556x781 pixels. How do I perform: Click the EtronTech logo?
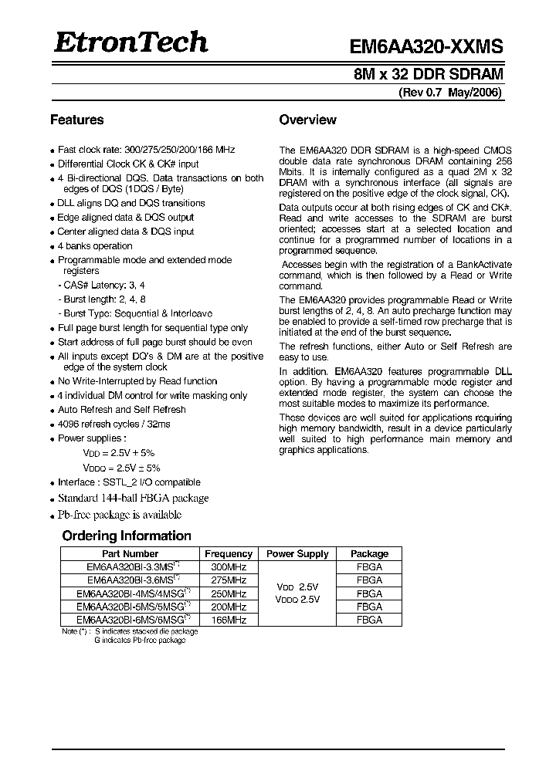pyautogui.click(x=131, y=42)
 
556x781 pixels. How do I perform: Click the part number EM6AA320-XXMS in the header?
pyautogui.click(x=427, y=46)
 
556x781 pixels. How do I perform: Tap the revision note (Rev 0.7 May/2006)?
pyautogui.click(x=450, y=93)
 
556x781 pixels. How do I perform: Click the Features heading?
pyautogui.click(x=76, y=120)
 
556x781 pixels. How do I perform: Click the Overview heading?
pyautogui.click(x=307, y=120)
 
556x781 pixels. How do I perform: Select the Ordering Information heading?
pyautogui.click(x=126, y=536)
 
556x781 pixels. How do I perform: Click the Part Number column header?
pyautogui.click(x=130, y=553)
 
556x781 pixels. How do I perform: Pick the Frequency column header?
pyautogui.click(x=229, y=553)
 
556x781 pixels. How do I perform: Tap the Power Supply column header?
pyautogui.click(x=297, y=553)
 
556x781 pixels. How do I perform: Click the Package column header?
pyautogui.click(x=369, y=553)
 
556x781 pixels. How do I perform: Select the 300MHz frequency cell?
pyautogui.click(x=229, y=566)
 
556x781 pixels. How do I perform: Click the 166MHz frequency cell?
pyautogui.click(x=229, y=620)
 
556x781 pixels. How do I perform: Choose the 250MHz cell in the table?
pyautogui.click(x=229, y=593)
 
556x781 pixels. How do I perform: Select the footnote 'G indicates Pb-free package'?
pyautogui.click(x=140, y=641)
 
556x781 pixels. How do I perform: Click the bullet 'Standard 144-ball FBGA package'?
pyautogui.click(x=133, y=498)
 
